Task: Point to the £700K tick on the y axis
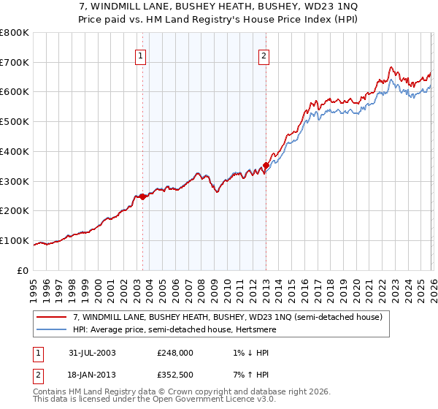point(16,63)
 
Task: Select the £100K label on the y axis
point(16,240)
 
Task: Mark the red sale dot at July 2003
point(143,196)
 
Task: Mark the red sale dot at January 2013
point(266,166)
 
